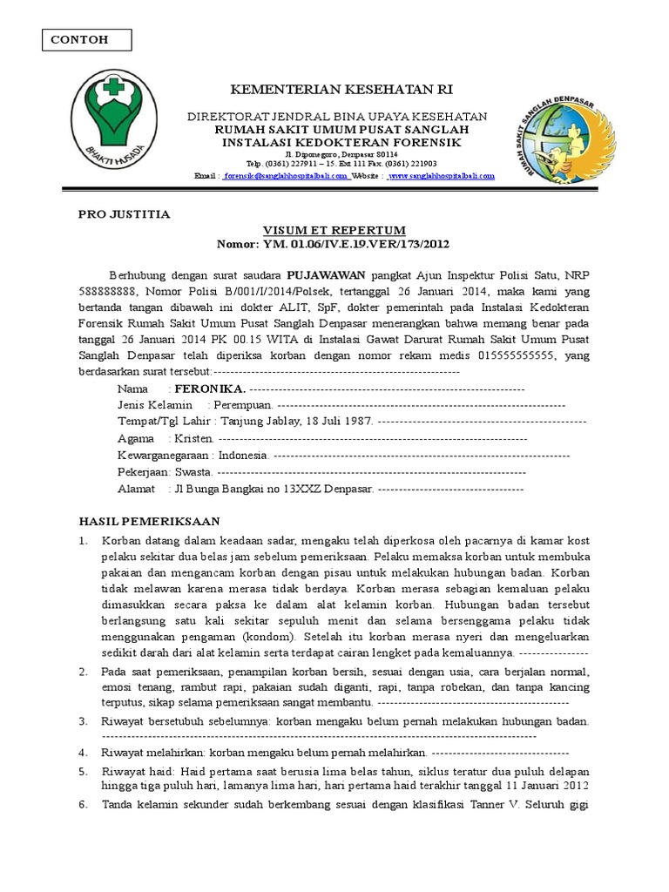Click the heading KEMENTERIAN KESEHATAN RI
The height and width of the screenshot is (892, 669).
pyautogui.click(x=341, y=90)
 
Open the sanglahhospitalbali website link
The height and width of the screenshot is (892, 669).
pyautogui.click(x=441, y=175)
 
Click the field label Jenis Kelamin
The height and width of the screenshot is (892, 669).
pyautogui.click(x=154, y=405)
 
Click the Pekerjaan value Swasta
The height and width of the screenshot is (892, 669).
pyautogui.click(x=193, y=471)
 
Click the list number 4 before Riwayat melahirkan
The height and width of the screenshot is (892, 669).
pyautogui.click(x=83, y=751)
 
